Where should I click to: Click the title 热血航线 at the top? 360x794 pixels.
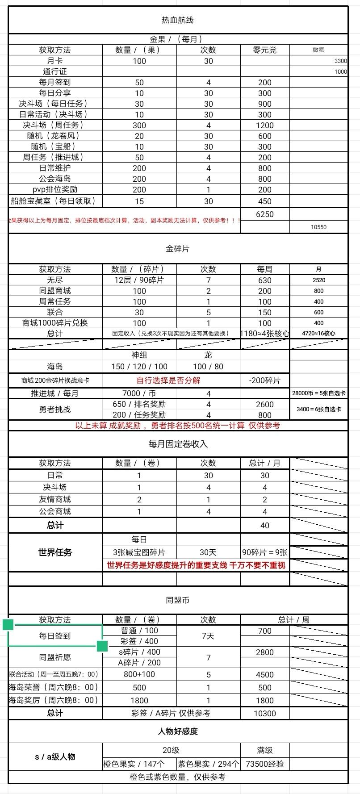coord(177,20)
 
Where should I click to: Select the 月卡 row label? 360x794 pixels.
coord(54,61)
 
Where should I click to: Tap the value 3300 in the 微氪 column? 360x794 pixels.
coord(340,61)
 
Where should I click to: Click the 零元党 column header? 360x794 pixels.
coord(264,50)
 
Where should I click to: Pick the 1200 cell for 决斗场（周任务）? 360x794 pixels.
coord(264,125)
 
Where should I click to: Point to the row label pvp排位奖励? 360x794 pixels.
coord(54,189)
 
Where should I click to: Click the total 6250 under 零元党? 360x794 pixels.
coord(264,214)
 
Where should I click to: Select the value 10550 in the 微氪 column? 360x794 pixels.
coord(318,227)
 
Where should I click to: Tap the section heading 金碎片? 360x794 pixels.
coord(177,249)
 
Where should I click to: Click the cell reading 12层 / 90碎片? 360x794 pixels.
coord(139,280)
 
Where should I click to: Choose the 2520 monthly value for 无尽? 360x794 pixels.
coord(318,280)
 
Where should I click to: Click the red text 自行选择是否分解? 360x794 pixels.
coord(168,380)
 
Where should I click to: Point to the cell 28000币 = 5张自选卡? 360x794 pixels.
coord(318,393)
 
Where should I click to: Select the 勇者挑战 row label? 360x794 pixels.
coord(54,410)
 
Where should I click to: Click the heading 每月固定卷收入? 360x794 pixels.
coord(178,444)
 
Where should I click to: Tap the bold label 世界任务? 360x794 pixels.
coord(55,552)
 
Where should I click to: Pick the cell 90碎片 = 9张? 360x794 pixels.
coord(264,552)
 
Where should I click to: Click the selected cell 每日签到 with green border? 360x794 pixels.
coord(54,635)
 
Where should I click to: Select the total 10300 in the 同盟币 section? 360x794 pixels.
coord(264,713)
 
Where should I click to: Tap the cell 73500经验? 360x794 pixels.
coord(264,764)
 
